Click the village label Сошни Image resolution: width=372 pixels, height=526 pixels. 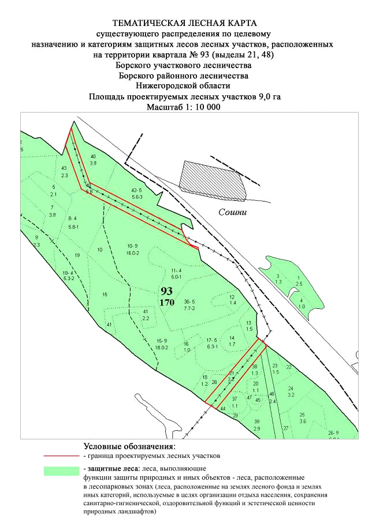232,212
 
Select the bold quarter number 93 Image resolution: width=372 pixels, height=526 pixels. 167,290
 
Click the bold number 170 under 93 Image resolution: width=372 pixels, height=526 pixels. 168,301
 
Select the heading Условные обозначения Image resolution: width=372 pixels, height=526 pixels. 129,446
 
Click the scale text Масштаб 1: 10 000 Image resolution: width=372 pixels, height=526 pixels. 184,107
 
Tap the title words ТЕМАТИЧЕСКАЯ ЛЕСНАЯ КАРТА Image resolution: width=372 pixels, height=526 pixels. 184,24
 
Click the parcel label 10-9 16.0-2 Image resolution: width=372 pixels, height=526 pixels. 133,249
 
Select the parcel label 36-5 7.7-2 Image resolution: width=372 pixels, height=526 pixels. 190,305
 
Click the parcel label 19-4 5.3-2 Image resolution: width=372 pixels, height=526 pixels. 68,275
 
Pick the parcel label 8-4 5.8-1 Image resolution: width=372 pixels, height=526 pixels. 72,222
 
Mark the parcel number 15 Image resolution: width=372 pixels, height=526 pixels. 105,294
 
